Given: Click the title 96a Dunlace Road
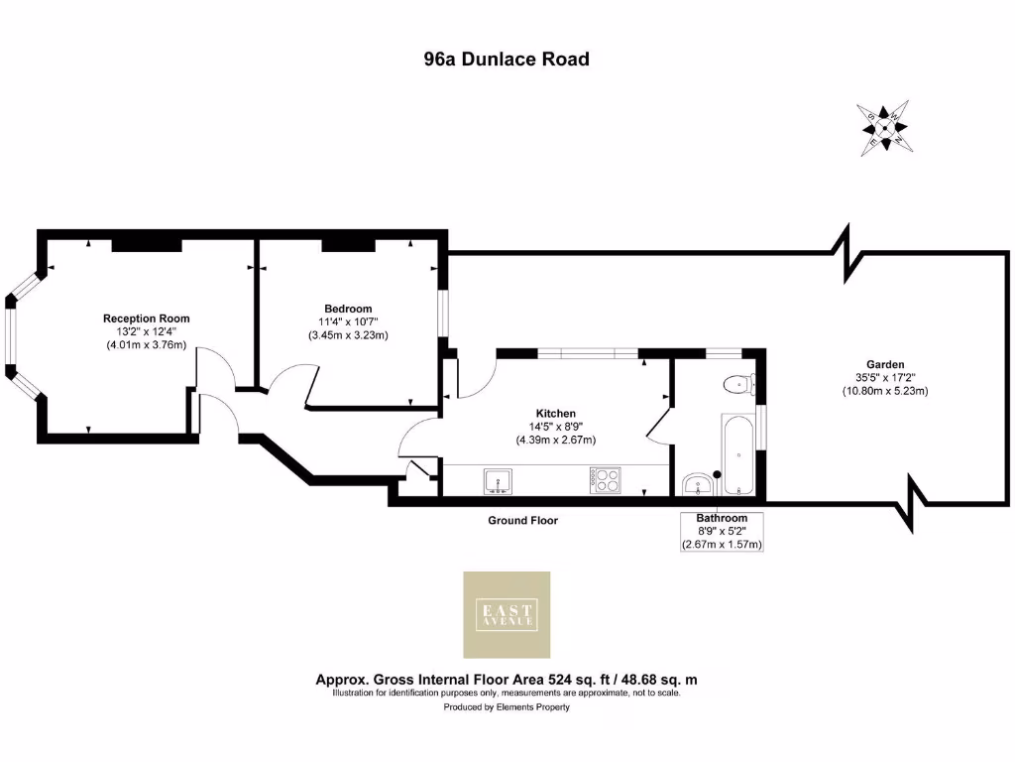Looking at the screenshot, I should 507,60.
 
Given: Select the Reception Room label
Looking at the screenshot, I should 147,318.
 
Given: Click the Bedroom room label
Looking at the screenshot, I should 348,309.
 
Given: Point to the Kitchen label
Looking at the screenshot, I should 555,413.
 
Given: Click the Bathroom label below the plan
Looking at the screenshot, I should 722,518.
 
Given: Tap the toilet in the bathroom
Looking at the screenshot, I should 738,384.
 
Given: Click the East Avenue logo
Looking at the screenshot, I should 507,614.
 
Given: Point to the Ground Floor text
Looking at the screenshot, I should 522,520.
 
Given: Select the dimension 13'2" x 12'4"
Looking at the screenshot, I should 147,331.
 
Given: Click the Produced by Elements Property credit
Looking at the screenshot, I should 507,707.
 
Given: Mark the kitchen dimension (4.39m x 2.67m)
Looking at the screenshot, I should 555,440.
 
